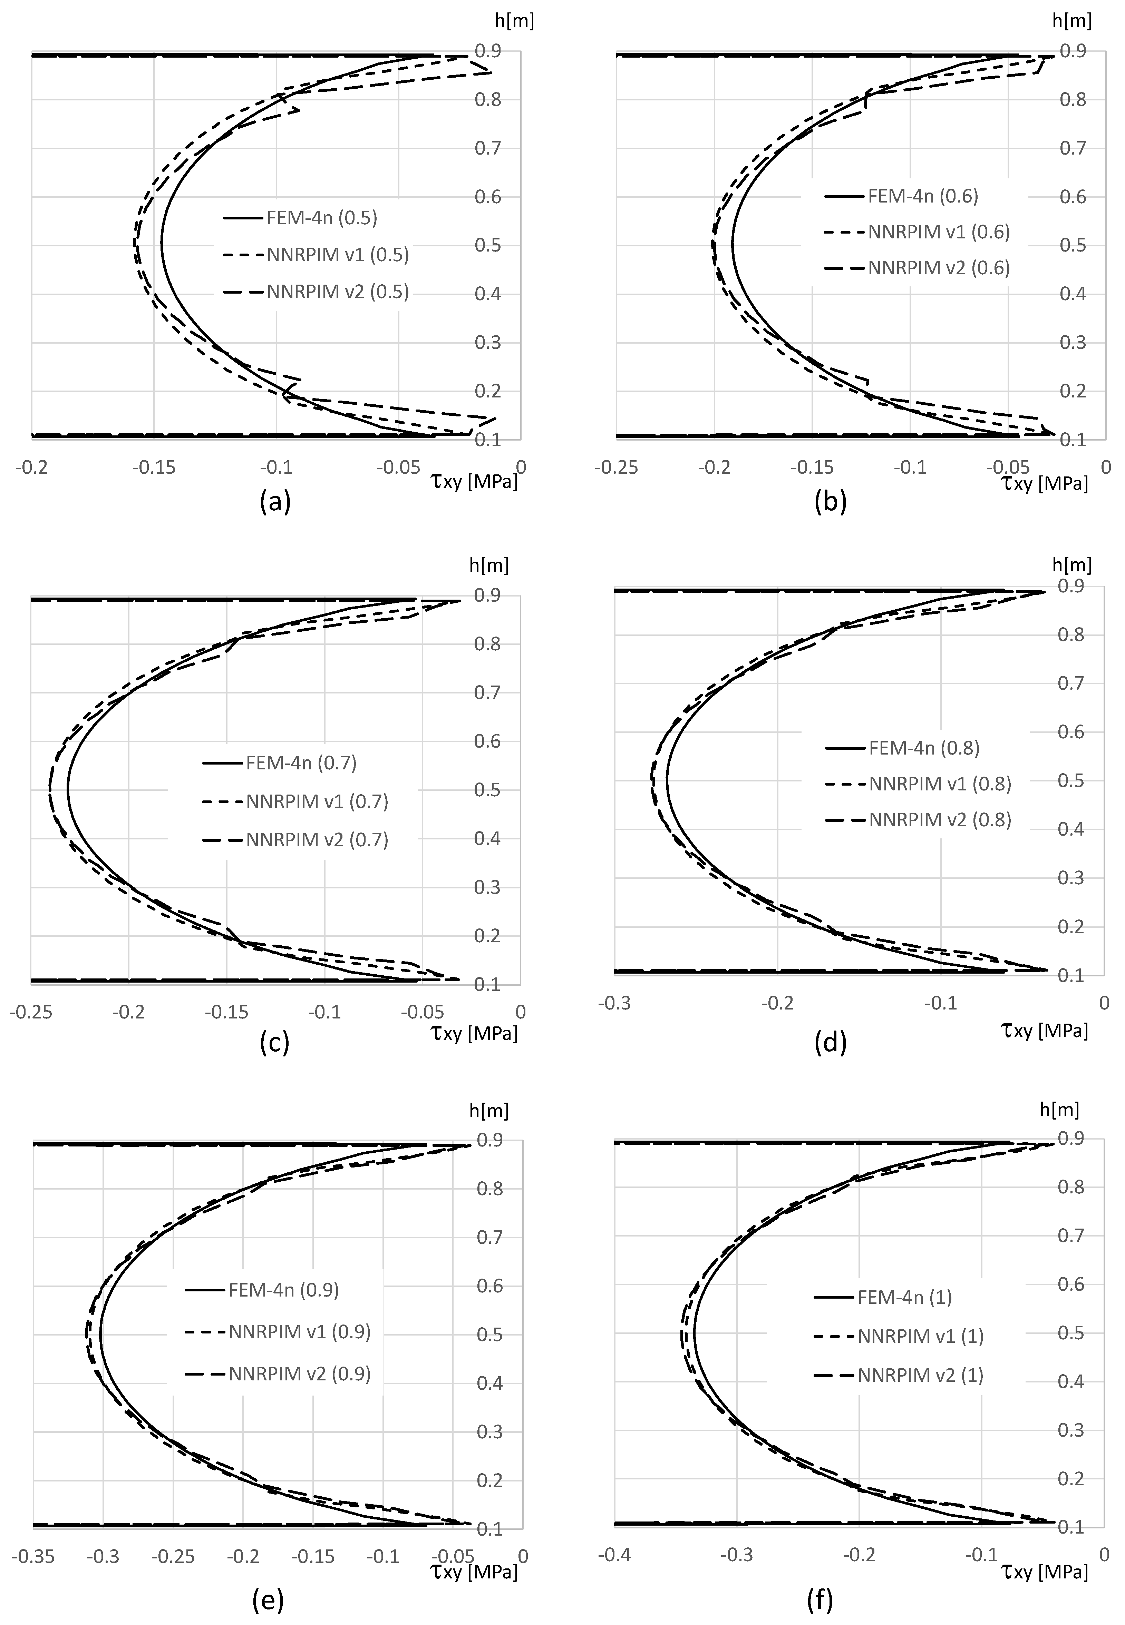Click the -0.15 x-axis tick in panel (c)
227,1012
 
